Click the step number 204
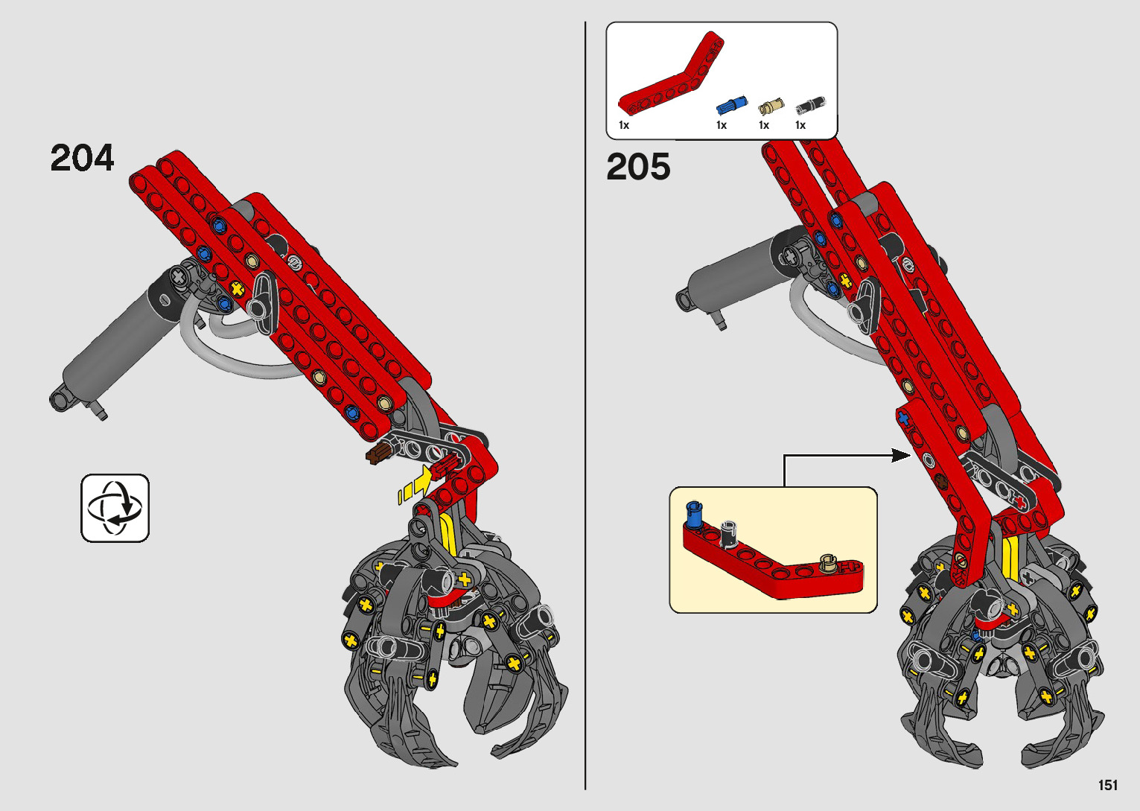pos(83,158)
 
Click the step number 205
pos(638,167)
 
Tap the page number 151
pos(1107,785)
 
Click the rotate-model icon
pos(115,508)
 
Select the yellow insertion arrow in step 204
pos(416,485)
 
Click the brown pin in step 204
pos(379,454)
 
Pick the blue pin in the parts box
pos(731,105)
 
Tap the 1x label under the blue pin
pos(721,125)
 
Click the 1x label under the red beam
pos(624,125)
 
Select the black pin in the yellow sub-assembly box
pos(728,530)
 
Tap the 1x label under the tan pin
pos(763,125)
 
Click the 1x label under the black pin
pos(800,125)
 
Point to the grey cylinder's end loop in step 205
pos(684,299)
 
